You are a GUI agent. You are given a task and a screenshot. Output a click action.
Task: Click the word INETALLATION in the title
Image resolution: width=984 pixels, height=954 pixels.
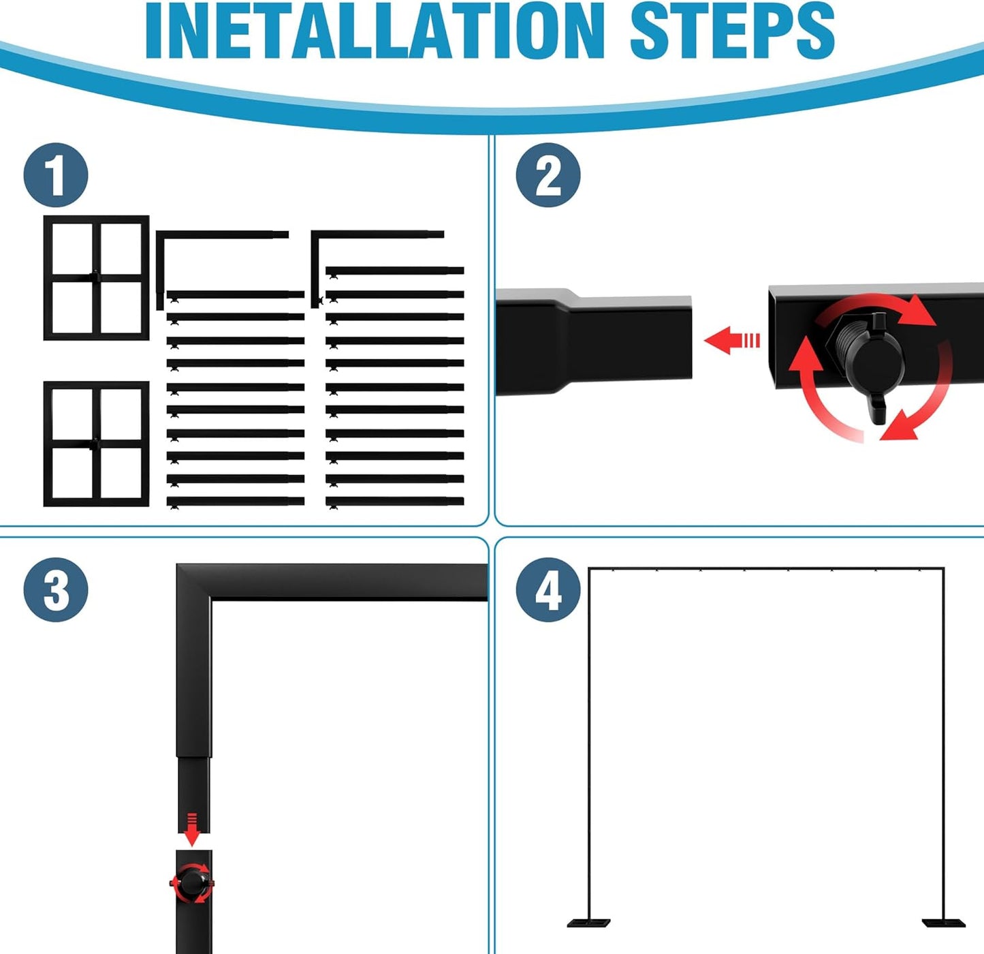coord(375,31)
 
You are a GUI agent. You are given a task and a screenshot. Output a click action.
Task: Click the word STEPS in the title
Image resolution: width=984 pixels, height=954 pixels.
coord(732,31)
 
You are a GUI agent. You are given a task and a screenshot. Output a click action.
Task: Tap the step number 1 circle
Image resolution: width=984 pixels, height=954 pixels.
coord(56,175)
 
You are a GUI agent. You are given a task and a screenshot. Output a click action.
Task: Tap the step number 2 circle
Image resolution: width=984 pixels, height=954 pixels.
coord(548,175)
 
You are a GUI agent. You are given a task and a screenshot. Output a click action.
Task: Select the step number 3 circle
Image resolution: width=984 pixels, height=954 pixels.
coord(56,590)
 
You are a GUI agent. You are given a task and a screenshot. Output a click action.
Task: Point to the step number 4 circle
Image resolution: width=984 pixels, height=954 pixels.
coord(548,590)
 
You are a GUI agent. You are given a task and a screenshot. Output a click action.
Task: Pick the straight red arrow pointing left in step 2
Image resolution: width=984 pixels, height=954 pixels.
coord(731,340)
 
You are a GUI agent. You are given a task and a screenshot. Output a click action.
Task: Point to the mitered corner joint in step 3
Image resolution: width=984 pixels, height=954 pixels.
coord(194,582)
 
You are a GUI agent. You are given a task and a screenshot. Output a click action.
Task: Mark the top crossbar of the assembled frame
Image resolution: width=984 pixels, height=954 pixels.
coord(766,568)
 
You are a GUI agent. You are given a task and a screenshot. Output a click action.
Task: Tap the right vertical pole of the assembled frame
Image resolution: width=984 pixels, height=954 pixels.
coord(944,744)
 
